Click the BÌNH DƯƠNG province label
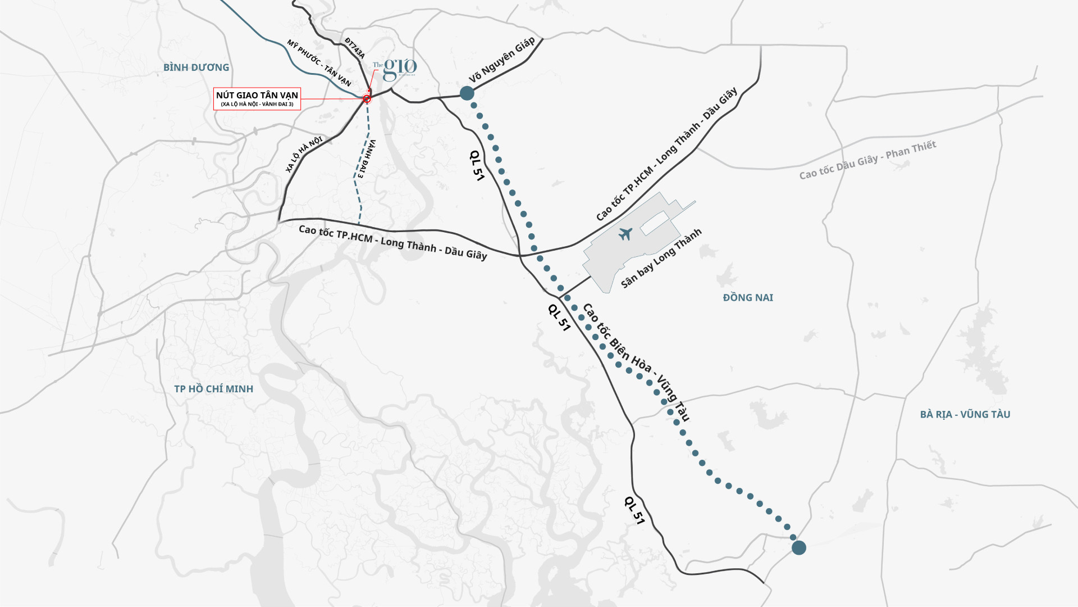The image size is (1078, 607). coord(196,67)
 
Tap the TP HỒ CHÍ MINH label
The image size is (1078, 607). coord(213,389)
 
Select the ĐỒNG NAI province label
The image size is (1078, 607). coord(748,298)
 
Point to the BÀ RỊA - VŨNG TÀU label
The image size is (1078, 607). coord(965,415)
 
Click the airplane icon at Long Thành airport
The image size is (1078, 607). coord(625,234)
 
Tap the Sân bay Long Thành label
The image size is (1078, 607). coord(661,259)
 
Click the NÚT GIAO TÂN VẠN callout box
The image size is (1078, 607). coord(257,99)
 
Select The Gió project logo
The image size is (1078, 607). coord(395,69)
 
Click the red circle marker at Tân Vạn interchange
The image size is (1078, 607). coord(367,99)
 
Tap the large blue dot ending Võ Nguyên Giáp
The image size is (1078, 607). coord(467,93)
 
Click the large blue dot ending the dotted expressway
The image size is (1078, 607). coord(798,547)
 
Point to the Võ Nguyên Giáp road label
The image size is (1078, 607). coord(501,61)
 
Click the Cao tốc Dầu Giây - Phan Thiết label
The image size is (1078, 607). coord(867,160)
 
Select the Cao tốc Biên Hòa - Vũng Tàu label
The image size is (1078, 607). coord(636,363)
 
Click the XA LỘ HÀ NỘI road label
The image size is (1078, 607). coord(304,155)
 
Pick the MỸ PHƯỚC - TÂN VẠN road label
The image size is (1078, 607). coord(318,63)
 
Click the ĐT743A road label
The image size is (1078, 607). coord(355,48)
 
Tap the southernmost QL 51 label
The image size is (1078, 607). coord(634,510)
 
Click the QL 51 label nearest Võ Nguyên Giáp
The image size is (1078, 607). coord(477,165)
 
